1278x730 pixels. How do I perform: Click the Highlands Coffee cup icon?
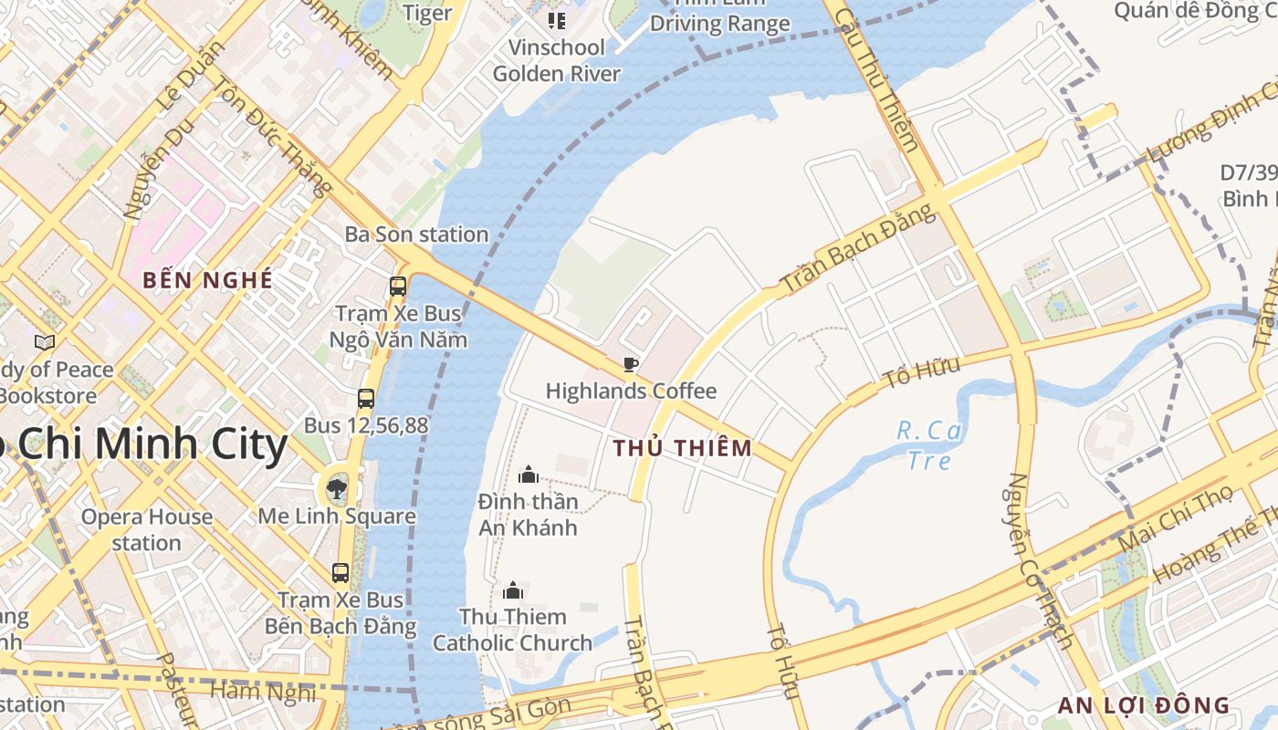point(630,365)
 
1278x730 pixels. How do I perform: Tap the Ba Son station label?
point(416,235)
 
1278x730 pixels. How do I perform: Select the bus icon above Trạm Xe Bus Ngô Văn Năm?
point(398,286)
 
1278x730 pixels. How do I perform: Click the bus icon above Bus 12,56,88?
point(366,399)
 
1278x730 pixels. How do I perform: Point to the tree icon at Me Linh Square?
point(337,487)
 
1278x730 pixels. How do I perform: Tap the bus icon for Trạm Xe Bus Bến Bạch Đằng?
point(340,573)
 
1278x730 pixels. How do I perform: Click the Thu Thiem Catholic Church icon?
point(513,590)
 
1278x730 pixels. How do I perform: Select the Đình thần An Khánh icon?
point(528,474)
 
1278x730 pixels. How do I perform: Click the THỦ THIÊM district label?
point(683,448)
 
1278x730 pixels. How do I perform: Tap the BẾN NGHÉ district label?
point(208,280)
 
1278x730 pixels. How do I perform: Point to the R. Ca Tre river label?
point(930,444)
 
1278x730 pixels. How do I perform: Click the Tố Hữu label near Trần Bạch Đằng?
point(922,372)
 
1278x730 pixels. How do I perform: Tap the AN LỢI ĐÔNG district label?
point(1144,705)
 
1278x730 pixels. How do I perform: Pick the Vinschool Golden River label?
point(556,60)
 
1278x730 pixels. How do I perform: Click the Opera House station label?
point(146,529)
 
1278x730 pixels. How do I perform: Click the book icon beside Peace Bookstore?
point(44,342)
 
